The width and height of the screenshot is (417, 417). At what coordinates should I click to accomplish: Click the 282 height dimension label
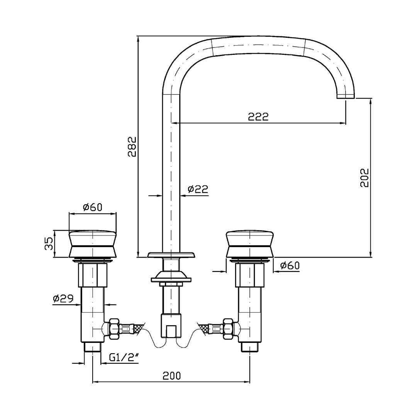[x=132, y=147]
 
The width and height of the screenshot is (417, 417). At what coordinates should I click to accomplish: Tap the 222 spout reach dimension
[x=258, y=117]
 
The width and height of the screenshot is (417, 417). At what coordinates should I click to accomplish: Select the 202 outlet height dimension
[x=364, y=177]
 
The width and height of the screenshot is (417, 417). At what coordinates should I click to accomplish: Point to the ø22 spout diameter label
[x=198, y=189]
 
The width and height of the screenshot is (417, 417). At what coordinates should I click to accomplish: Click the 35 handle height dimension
[x=49, y=244]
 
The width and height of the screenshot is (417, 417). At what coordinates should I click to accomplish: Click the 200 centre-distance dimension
[x=171, y=376]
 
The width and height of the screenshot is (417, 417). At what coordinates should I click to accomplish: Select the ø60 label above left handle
[x=92, y=207]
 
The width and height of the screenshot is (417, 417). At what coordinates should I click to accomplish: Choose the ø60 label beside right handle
[x=290, y=265]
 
